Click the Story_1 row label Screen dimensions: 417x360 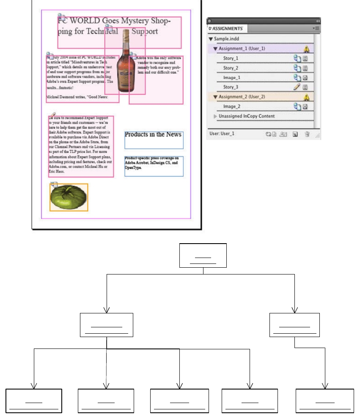click(231, 58)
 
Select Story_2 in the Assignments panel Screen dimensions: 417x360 click(231, 68)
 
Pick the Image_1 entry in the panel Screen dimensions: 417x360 click(232, 77)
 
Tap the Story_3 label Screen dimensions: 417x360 click(231, 87)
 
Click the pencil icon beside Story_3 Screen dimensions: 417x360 click(297, 87)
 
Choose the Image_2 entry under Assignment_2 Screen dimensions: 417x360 click(232, 107)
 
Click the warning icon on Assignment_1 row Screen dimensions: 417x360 click(306, 49)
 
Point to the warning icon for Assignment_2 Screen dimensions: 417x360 click(306, 97)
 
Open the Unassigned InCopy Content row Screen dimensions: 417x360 click(246, 116)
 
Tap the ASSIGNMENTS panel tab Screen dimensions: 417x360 click(227, 29)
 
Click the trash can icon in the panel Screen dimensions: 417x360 click(307, 134)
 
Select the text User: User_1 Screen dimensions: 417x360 click(222, 134)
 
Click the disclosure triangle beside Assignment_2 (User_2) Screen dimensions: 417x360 click(215, 97)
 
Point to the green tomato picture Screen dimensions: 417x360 click(69, 198)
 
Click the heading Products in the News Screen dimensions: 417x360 click(153, 134)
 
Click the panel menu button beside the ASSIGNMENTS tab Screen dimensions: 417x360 click(316, 28)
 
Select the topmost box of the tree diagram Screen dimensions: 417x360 click(203, 255)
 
